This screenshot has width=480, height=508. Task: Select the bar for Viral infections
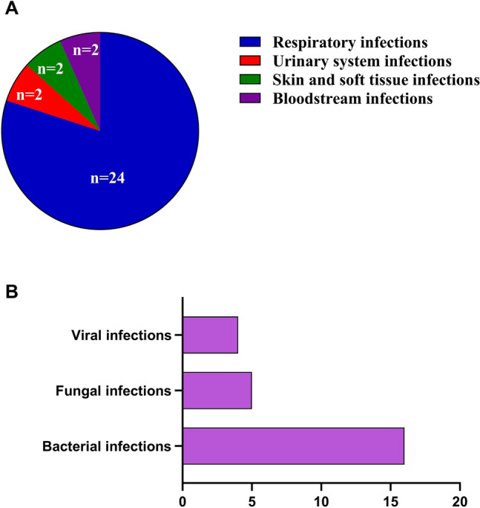[x=210, y=335]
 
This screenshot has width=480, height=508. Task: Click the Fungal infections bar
[x=217, y=390]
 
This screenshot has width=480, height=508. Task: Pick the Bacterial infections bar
[x=293, y=446]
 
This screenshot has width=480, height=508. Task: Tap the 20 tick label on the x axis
[x=461, y=493]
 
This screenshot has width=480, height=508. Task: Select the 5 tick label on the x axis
[x=251, y=493]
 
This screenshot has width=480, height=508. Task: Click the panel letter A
[x=13, y=11]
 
